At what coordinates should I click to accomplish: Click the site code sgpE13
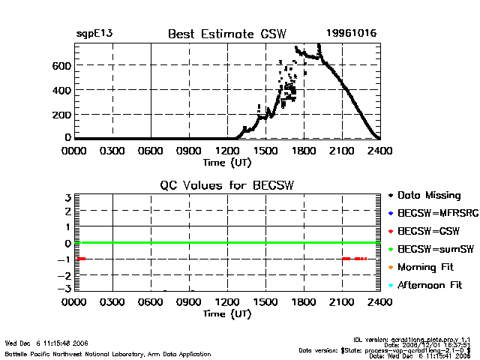[94, 34]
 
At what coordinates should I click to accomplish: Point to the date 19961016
[352, 34]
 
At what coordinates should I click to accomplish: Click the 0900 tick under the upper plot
[189, 151]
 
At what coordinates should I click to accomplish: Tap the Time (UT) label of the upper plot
[227, 162]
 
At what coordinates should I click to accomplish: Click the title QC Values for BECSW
[227, 185]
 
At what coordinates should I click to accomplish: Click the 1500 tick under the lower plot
[265, 302]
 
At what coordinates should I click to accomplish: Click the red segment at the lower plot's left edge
[81, 259]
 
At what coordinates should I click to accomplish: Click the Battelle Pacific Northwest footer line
[108, 353]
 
